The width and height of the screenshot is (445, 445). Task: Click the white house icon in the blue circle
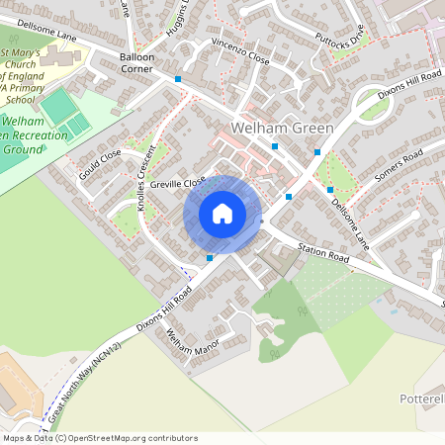click(222, 214)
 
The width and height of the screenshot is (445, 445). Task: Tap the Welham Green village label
click(281, 129)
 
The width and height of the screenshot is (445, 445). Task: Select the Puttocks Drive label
click(340, 41)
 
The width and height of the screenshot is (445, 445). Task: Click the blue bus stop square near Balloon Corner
click(178, 78)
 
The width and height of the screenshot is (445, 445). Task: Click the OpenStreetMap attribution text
click(99, 437)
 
